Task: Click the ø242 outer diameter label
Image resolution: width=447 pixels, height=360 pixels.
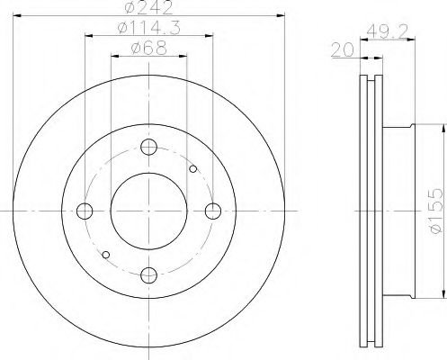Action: [x=148, y=10]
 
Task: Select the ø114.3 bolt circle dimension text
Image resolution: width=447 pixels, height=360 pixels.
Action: [x=148, y=30]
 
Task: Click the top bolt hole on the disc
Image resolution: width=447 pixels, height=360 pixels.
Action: [x=149, y=147]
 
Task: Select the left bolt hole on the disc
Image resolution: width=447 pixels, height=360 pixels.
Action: [x=85, y=211]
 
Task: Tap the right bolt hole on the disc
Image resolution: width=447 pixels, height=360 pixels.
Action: [x=213, y=211]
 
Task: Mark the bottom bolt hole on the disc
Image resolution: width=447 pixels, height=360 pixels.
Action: [x=149, y=275]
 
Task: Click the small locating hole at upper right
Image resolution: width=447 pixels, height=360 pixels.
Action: [x=193, y=167]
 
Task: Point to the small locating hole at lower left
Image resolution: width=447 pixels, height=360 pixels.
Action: [x=105, y=255]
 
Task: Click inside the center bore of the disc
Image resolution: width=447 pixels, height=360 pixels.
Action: [x=149, y=211]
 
